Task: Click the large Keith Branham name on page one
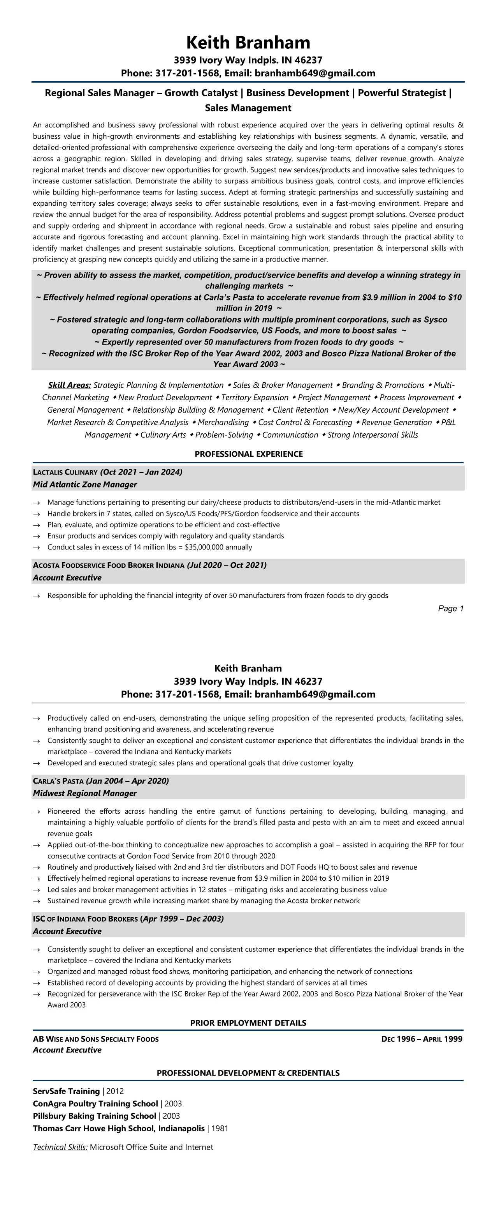(x=248, y=43)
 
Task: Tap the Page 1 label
(x=450, y=608)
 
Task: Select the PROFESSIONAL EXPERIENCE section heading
(x=248, y=454)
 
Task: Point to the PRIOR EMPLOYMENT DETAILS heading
(x=248, y=1023)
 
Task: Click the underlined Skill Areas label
(x=69, y=385)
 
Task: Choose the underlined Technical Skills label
(x=60, y=1147)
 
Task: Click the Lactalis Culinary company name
(x=65, y=472)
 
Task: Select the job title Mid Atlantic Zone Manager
(x=85, y=484)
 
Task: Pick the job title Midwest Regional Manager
(x=85, y=793)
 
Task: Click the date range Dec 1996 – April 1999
(x=422, y=1039)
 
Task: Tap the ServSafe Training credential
(x=66, y=1091)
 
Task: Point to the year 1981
(x=220, y=1128)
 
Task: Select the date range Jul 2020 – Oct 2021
(x=227, y=565)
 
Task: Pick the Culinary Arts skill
(x=163, y=435)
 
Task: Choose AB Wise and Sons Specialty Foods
(x=96, y=1039)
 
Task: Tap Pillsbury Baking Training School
(x=94, y=1116)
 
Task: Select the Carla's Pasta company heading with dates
(x=101, y=781)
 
